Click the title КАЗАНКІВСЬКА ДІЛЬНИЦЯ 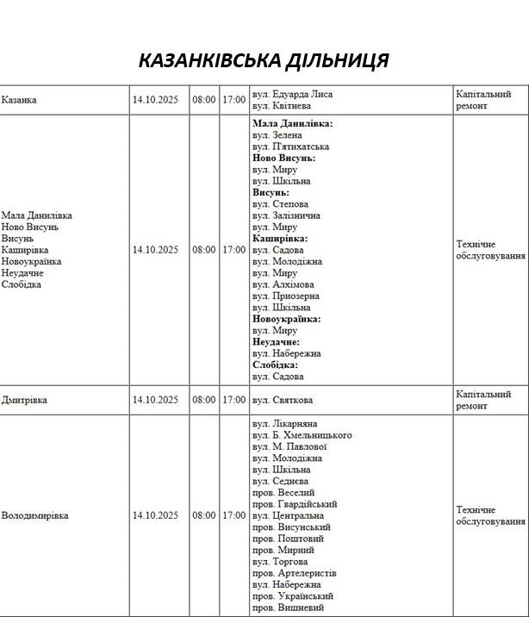point(264,60)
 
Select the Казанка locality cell point(19,100)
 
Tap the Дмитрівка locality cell point(24,400)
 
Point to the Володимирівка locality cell point(34,515)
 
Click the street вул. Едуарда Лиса point(292,94)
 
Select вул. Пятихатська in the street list point(291,146)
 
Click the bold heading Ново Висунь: point(283,159)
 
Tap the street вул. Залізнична point(287,215)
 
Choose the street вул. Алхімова point(283,284)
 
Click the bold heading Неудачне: point(276,342)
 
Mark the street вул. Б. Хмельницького point(302,435)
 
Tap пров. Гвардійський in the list point(295,504)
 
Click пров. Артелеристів point(295,573)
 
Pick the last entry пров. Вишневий point(289,608)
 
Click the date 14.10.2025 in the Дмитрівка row point(155,400)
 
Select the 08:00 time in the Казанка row point(204,100)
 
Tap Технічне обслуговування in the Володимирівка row point(489,515)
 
